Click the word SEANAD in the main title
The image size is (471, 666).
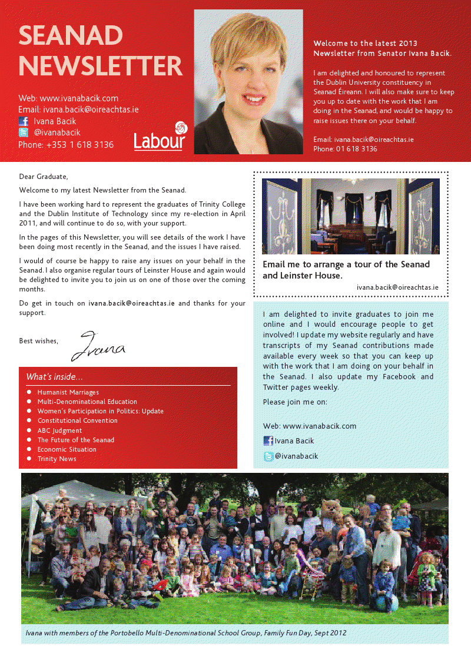[71, 36]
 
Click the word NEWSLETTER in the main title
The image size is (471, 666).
[101, 66]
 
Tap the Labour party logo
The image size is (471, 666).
[160, 137]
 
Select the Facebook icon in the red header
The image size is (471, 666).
[24, 121]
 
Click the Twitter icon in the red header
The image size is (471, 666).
[24, 133]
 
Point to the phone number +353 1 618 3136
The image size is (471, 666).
[66, 145]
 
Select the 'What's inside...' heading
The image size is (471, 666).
[55, 377]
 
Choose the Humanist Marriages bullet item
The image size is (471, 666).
[68, 392]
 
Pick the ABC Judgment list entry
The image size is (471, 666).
[60, 430]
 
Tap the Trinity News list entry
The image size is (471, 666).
[57, 459]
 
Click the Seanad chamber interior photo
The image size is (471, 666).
[350, 216]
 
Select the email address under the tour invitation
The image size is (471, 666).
[397, 287]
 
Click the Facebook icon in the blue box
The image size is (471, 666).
[268, 441]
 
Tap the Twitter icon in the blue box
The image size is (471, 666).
[268, 456]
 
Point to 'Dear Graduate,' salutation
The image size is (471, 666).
[44, 177]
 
